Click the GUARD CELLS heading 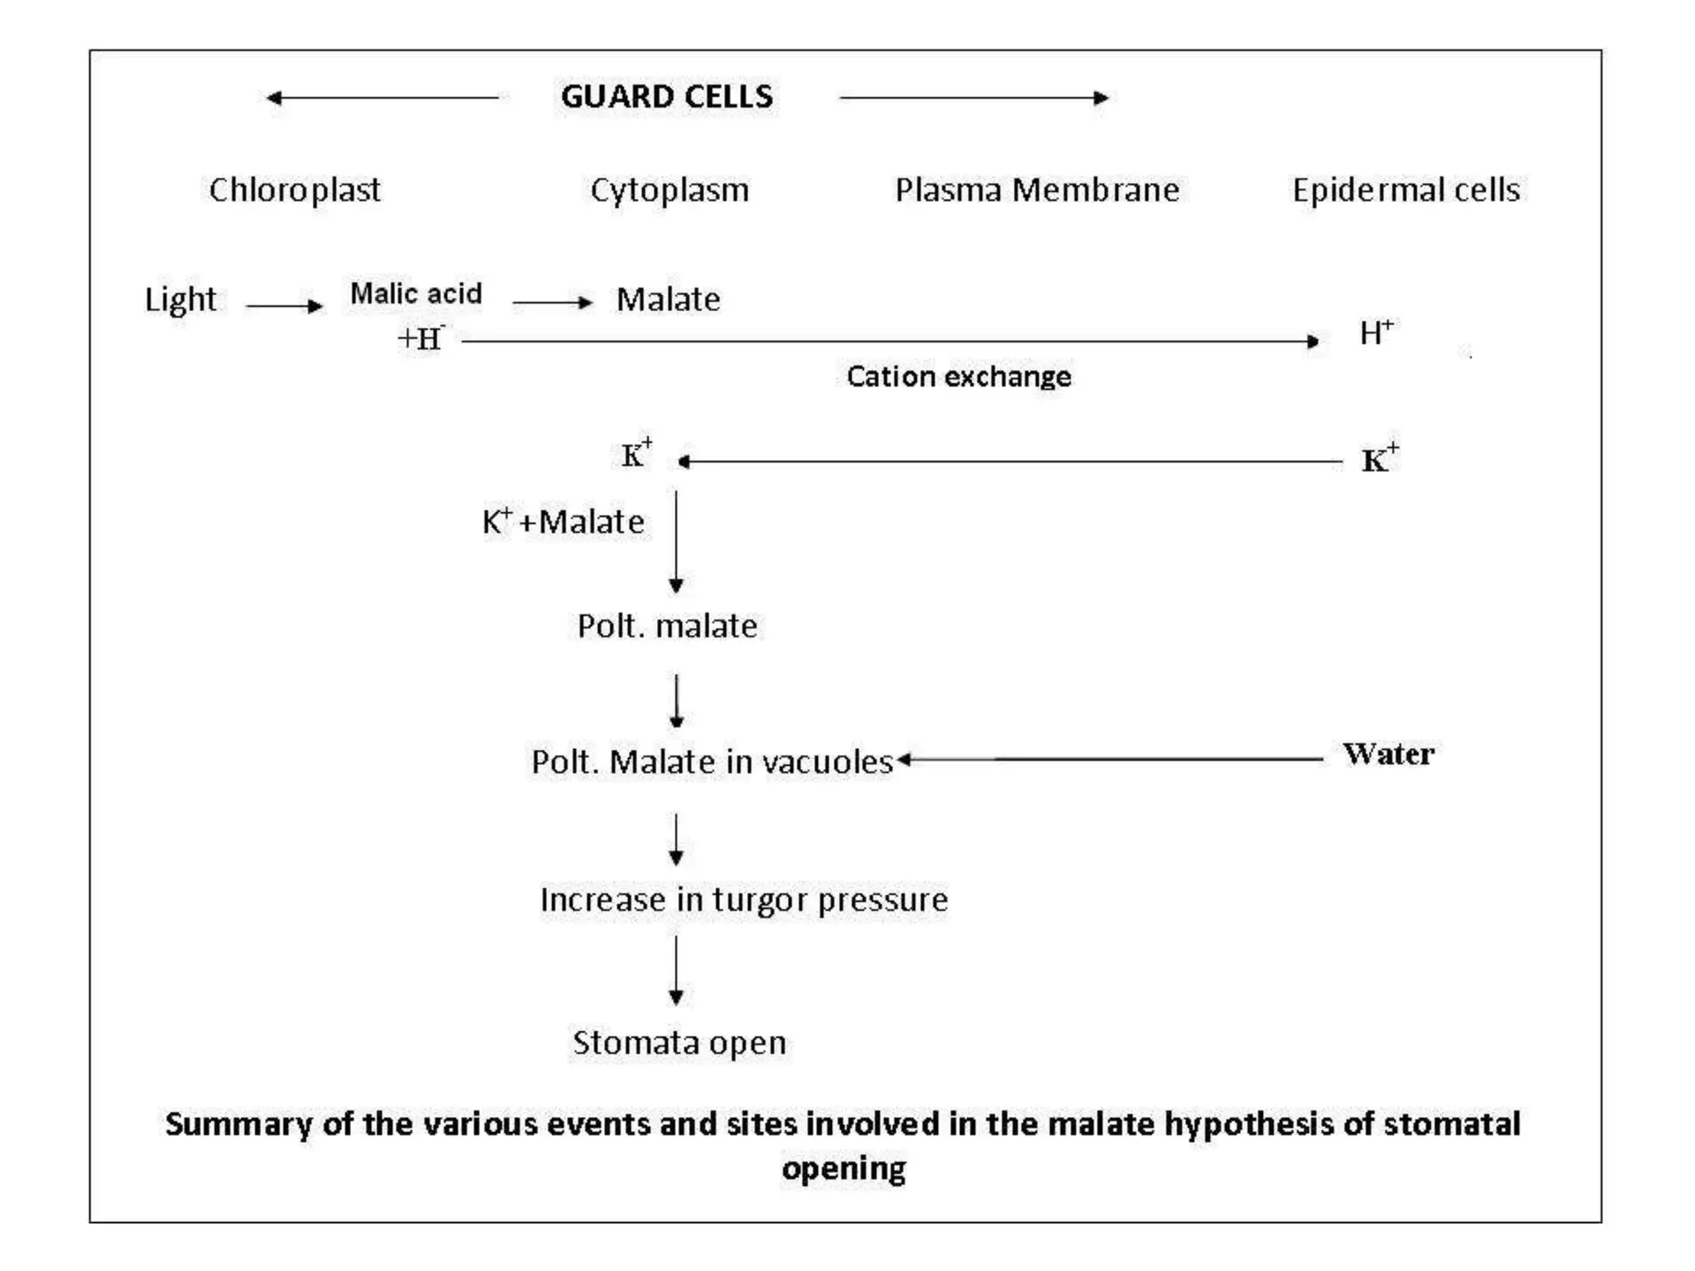pyautogui.click(x=667, y=97)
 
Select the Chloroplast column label pyautogui.click(x=295, y=190)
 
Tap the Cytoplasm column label pyautogui.click(x=670, y=190)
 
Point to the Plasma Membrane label pyautogui.click(x=1037, y=190)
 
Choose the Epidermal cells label pyautogui.click(x=1406, y=190)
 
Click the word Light pyautogui.click(x=180, y=300)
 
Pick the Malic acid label pyautogui.click(x=415, y=293)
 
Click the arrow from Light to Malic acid pyautogui.click(x=284, y=306)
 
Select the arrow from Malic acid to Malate pyautogui.click(x=552, y=303)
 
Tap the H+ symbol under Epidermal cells pyautogui.click(x=1376, y=333)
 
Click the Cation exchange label pyautogui.click(x=958, y=377)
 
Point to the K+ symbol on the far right pyautogui.click(x=1380, y=458)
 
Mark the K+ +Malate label pyautogui.click(x=563, y=522)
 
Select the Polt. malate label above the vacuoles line pyautogui.click(x=667, y=626)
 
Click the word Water pyautogui.click(x=1389, y=754)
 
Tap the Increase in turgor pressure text pyautogui.click(x=744, y=900)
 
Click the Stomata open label pyautogui.click(x=679, y=1043)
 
